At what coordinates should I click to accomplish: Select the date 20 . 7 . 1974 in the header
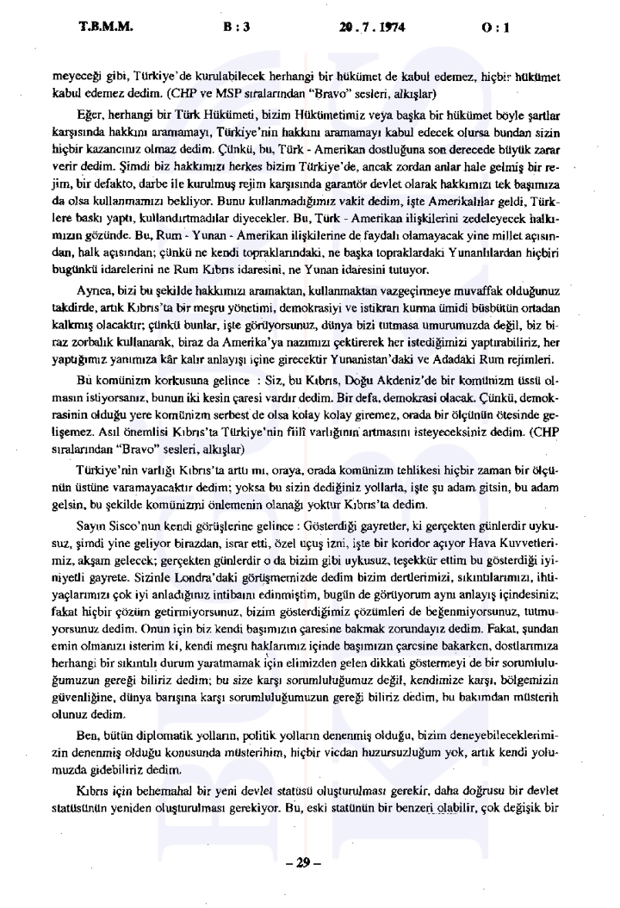[x=371, y=27]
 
